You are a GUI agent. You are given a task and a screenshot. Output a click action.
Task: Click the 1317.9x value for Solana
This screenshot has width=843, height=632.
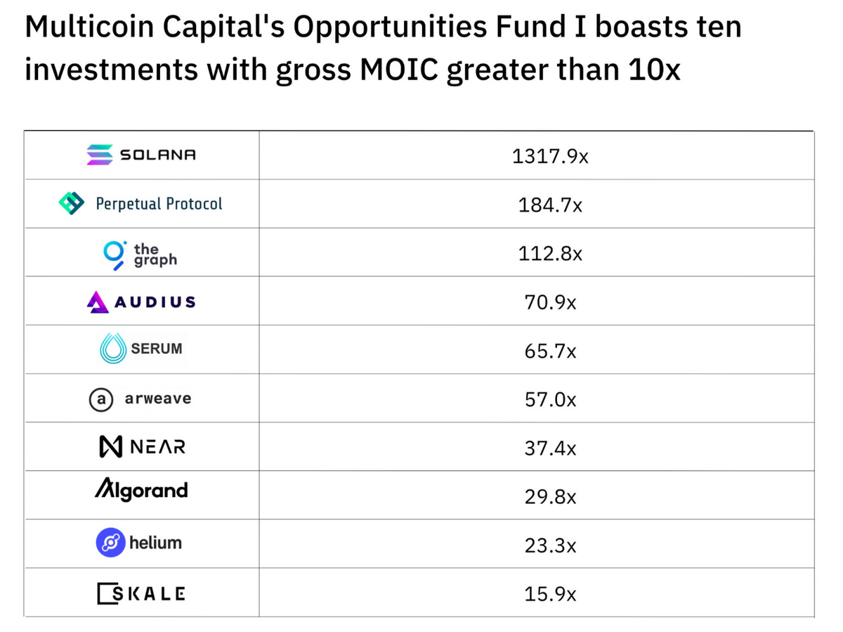(x=550, y=156)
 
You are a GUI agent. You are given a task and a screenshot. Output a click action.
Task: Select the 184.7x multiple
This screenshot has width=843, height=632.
(x=550, y=205)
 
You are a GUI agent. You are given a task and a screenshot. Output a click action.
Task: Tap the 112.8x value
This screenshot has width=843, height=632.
(x=550, y=254)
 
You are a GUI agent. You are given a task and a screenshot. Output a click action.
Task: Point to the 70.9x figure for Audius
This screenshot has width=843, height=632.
(x=550, y=302)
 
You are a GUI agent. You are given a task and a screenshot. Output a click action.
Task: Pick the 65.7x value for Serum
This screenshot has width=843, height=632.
(x=550, y=351)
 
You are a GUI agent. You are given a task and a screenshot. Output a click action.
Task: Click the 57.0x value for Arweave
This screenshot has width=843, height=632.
(x=550, y=399)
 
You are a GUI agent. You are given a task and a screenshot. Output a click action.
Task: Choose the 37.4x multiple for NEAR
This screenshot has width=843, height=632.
(x=550, y=448)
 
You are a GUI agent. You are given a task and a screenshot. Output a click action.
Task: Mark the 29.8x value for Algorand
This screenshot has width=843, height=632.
(x=550, y=497)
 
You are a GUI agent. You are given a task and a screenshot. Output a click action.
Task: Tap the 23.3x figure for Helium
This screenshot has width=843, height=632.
(x=550, y=545)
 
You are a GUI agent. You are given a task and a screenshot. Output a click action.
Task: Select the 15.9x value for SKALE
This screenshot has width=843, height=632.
(x=550, y=594)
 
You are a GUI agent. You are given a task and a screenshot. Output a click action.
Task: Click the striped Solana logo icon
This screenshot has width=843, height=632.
(x=100, y=155)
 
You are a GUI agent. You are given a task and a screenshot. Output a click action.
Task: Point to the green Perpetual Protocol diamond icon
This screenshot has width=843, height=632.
(x=72, y=203)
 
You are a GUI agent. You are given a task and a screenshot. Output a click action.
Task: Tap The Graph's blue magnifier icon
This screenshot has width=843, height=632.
(x=115, y=255)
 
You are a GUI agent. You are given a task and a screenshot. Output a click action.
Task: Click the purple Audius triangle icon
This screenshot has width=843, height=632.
(x=98, y=302)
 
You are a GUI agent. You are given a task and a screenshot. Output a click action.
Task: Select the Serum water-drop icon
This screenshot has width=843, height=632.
(x=113, y=349)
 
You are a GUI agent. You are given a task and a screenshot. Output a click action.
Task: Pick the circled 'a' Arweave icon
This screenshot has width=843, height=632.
(x=101, y=399)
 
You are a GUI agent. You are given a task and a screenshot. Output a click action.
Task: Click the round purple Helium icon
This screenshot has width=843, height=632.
(x=110, y=543)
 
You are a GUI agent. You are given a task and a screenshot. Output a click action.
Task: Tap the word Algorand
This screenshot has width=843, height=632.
(x=141, y=490)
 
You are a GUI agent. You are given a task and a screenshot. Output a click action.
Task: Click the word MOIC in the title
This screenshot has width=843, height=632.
(x=398, y=69)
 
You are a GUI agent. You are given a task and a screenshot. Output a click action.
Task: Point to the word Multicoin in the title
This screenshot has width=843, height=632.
(x=89, y=27)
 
